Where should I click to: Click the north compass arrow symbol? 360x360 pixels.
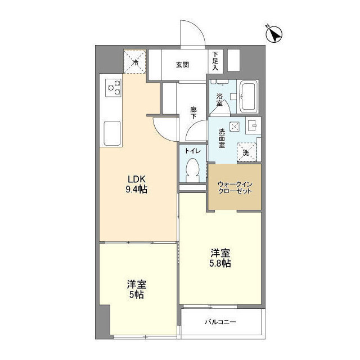point(274,34)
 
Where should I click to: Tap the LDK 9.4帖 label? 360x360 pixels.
point(136,184)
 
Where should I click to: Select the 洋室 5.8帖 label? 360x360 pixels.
point(220,258)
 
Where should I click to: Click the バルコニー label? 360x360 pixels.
point(220,322)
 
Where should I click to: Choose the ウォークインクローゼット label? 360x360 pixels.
point(235,187)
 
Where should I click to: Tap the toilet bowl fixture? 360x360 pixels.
point(192,170)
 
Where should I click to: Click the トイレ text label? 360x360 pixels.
point(193,151)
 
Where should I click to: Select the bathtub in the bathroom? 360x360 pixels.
point(247,96)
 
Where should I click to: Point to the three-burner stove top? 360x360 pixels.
point(113,88)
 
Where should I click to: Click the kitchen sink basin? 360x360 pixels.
point(112,133)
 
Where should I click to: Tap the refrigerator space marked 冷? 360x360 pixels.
point(135,61)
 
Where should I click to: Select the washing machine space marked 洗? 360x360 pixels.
point(246,152)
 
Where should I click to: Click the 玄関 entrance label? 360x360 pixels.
point(182,65)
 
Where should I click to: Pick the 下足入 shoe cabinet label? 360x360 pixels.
point(215,61)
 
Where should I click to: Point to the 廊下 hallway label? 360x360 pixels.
point(193,112)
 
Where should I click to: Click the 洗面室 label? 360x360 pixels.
point(222,138)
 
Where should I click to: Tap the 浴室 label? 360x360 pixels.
point(219,100)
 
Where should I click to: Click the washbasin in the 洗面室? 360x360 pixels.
point(254,125)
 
